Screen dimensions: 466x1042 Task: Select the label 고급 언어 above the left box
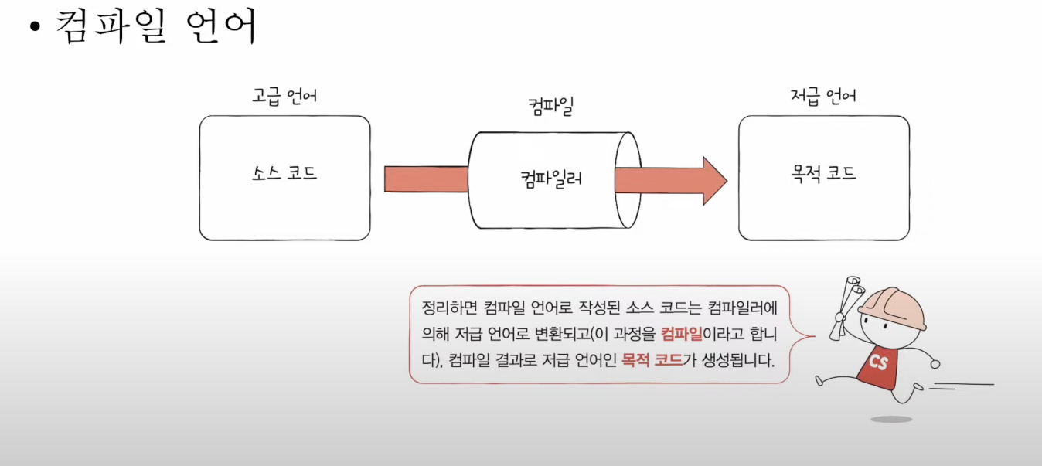pos(284,97)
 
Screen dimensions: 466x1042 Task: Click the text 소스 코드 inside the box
pos(284,173)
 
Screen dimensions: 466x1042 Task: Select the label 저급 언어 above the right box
pos(823,97)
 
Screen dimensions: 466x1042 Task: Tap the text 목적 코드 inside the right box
pos(823,173)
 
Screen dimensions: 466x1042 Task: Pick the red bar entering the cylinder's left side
pos(426,179)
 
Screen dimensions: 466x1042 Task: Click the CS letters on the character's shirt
pos(878,362)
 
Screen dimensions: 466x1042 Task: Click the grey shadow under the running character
pos(891,419)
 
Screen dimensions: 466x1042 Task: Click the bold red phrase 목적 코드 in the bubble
pos(652,359)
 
